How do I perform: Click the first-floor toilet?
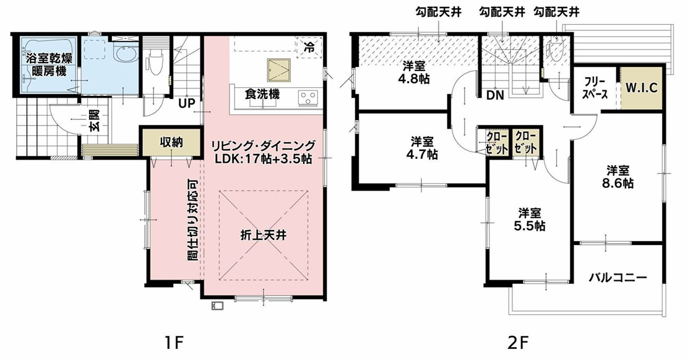pyautogui.click(x=154, y=62)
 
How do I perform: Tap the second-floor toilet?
pyautogui.click(x=554, y=51)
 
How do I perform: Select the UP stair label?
pyautogui.click(x=186, y=103)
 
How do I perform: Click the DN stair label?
pyautogui.click(x=494, y=96)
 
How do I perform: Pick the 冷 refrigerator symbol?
pyautogui.click(x=309, y=46)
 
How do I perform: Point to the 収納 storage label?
pyautogui.click(x=171, y=142)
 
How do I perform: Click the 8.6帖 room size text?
pyautogui.click(x=619, y=183)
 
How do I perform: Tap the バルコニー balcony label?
pyautogui.click(x=617, y=278)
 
